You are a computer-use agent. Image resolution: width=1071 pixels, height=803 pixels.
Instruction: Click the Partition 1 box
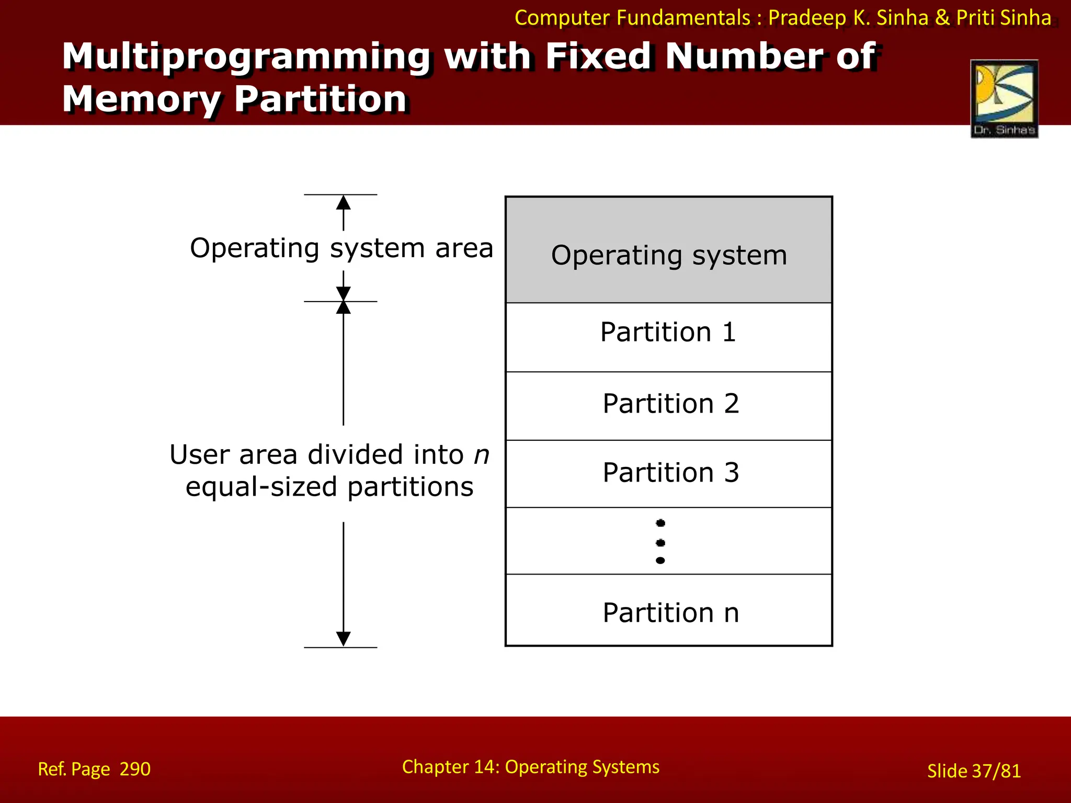coord(668,337)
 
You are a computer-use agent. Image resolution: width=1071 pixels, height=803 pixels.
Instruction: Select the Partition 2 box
coord(668,406)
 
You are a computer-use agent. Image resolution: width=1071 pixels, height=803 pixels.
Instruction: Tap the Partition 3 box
coord(668,474)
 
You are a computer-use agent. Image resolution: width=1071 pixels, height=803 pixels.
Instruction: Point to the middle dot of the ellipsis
coord(660,543)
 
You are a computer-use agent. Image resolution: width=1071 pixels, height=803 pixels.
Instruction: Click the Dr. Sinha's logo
coord(1004,98)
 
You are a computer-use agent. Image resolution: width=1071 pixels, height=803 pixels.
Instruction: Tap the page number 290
coord(135,769)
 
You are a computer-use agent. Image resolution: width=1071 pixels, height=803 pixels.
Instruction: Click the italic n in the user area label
coord(481,455)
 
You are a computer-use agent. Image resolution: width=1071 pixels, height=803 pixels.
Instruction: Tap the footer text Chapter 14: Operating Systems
coord(530,767)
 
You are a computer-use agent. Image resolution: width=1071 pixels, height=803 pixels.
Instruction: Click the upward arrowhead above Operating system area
coord(343,202)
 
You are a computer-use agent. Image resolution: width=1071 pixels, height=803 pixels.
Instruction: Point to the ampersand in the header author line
coord(942,18)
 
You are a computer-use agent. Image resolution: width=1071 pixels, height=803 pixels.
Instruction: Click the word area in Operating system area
coord(464,248)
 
